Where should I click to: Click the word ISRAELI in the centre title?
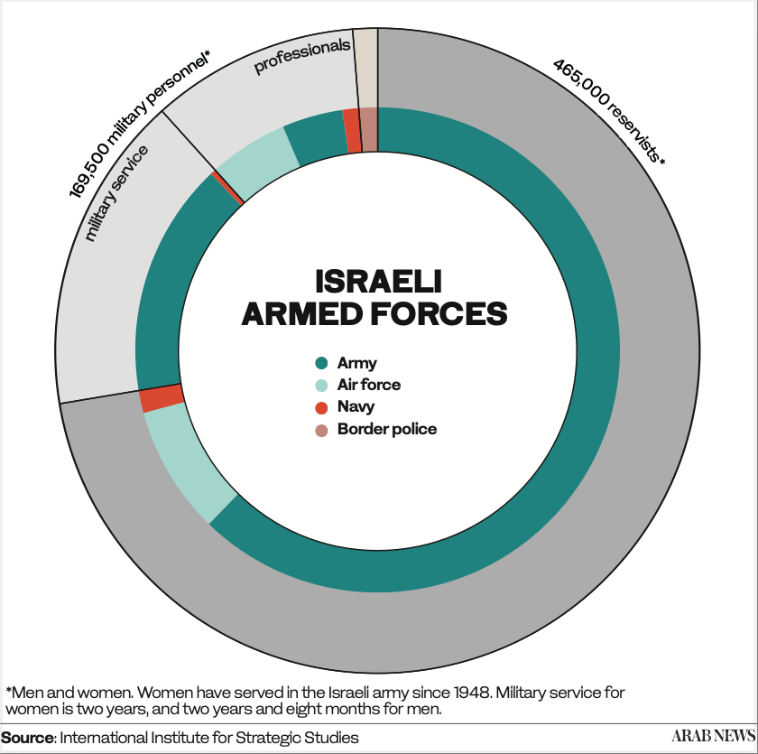click(378, 282)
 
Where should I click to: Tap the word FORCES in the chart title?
click(439, 313)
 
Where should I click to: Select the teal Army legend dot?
click(321, 363)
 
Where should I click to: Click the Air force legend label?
click(369, 385)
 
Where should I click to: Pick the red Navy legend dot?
click(321, 407)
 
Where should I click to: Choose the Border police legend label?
click(387, 429)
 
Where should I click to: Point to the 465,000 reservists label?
click(608, 111)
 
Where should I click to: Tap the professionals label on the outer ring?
click(302, 56)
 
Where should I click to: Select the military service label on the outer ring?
click(116, 193)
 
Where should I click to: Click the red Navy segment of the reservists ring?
click(162, 398)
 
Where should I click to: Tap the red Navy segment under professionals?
click(352, 131)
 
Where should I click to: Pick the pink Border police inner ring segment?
click(369, 130)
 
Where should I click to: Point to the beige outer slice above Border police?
click(366, 69)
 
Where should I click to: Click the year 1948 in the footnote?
click(471, 693)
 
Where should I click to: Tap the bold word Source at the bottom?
click(28, 738)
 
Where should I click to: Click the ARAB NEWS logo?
click(713, 736)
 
